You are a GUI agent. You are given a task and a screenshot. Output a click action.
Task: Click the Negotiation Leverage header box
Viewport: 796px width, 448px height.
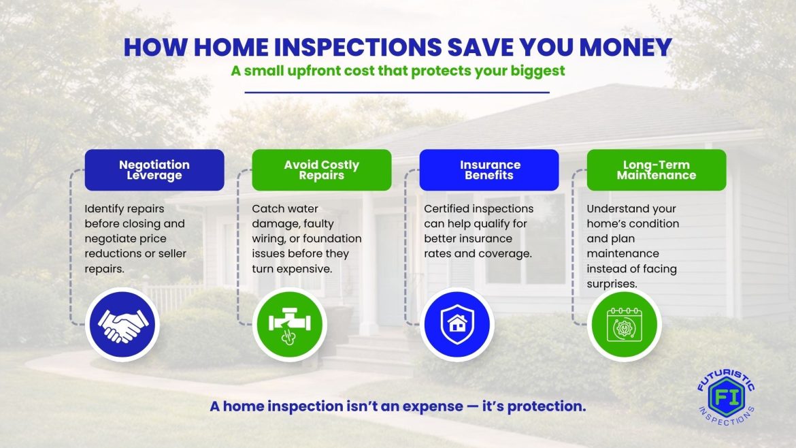(154, 170)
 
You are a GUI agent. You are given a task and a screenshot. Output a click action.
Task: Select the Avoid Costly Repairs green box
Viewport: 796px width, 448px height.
(322, 170)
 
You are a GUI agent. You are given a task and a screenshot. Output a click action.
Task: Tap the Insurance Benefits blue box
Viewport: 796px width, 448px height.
(489, 170)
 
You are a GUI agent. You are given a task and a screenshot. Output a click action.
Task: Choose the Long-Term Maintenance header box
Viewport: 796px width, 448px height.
(657, 170)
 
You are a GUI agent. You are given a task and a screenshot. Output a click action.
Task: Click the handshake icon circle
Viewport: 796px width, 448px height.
(122, 325)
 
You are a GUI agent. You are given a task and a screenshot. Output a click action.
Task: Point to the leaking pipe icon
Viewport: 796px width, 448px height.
(290, 325)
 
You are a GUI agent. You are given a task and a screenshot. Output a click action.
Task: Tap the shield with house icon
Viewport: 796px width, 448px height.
(457, 325)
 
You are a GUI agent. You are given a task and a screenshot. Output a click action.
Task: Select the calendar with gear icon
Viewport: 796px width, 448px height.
(625, 325)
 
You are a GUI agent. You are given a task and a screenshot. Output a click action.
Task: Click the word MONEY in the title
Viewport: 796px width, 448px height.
(626, 47)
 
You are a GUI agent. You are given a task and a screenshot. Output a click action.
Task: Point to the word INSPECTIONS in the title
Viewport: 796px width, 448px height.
(358, 47)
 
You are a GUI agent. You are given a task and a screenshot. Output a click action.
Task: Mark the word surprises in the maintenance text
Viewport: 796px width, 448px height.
(612, 284)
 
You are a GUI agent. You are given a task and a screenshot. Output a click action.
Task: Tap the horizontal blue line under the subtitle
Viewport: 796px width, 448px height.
(397, 93)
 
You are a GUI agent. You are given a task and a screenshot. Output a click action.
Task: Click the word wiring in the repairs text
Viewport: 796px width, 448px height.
(269, 239)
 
